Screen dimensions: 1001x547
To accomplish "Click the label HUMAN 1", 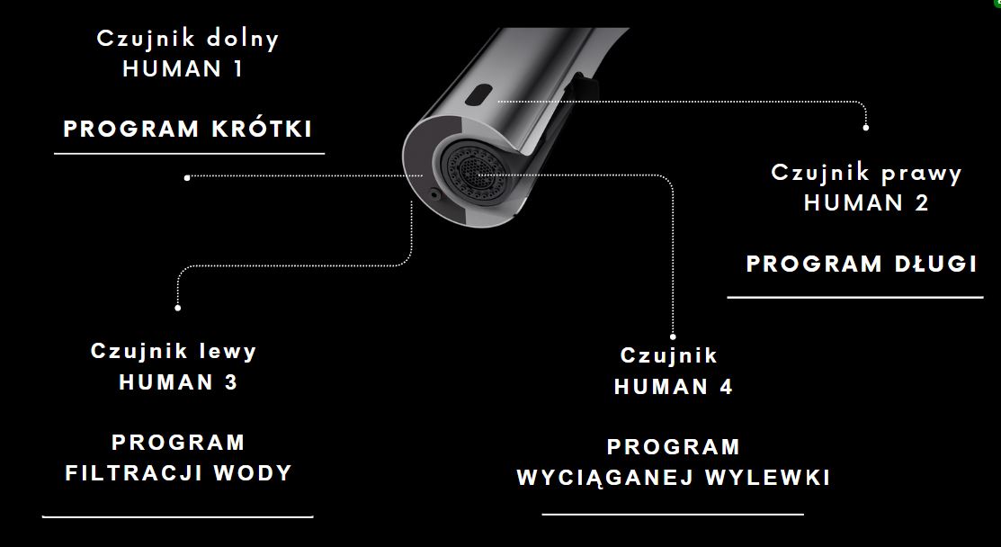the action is click(x=183, y=69).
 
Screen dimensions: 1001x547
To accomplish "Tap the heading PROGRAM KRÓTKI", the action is click(x=188, y=129).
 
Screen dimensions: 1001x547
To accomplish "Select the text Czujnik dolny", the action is click(x=188, y=39).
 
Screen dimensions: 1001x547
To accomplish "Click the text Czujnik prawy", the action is click(x=866, y=173).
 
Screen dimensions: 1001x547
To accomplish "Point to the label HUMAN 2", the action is click(x=866, y=203).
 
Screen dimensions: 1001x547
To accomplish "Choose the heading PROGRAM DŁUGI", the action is click(x=862, y=264).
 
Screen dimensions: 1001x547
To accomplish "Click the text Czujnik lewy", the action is click(x=174, y=351).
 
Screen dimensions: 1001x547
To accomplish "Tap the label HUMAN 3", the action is click(x=178, y=382).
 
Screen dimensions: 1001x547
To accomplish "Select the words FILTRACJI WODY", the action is click(x=179, y=473).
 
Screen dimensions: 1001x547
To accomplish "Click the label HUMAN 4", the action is click(x=674, y=386).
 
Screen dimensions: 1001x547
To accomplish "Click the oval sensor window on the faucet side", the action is click(x=478, y=95).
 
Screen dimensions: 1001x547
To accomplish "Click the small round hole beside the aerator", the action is click(x=434, y=193).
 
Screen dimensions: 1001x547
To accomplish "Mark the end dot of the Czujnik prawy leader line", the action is click(x=866, y=128).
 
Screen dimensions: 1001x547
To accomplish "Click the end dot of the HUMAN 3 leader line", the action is click(x=177, y=308).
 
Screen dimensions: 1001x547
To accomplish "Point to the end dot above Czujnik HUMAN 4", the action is click(x=673, y=337).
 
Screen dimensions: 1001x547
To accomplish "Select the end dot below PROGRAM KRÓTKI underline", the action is click(x=187, y=177).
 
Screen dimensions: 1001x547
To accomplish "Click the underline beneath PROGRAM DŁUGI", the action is click(x=855, y=297).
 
